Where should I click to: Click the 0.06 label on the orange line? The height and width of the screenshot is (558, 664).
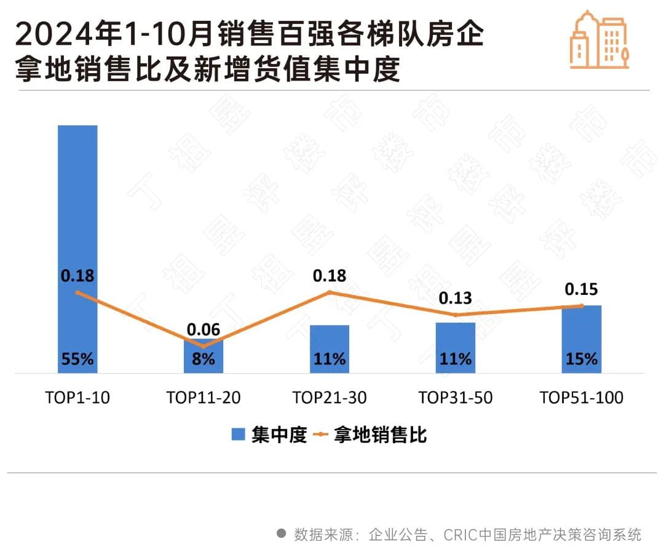204,329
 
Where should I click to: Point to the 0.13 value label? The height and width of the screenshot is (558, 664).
456,299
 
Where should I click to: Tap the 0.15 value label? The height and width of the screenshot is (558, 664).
582,289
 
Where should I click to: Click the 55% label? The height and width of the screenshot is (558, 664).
77,360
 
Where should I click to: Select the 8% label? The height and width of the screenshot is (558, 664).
204,360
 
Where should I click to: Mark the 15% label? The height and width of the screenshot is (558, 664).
582,360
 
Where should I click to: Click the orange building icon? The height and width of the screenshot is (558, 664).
599,40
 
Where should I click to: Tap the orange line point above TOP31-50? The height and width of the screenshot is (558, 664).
456,315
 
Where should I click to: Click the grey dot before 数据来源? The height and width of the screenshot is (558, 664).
281,533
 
